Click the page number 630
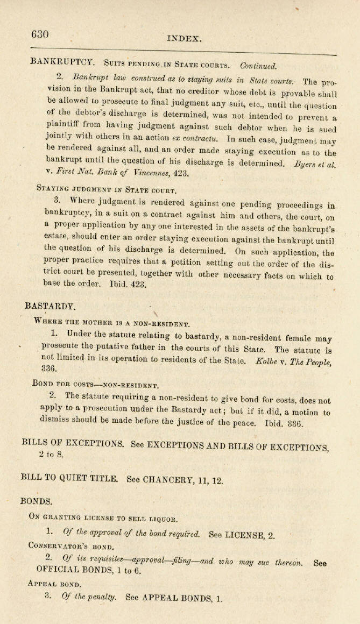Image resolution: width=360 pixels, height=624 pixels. pos(40,34)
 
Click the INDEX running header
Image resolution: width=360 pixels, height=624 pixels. pos(185,38)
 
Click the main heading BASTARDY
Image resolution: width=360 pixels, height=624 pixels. pos(50,306)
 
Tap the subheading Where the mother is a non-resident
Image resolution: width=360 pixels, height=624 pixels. pos(112,323)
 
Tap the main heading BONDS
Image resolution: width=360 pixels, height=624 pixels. pos(36,501)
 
